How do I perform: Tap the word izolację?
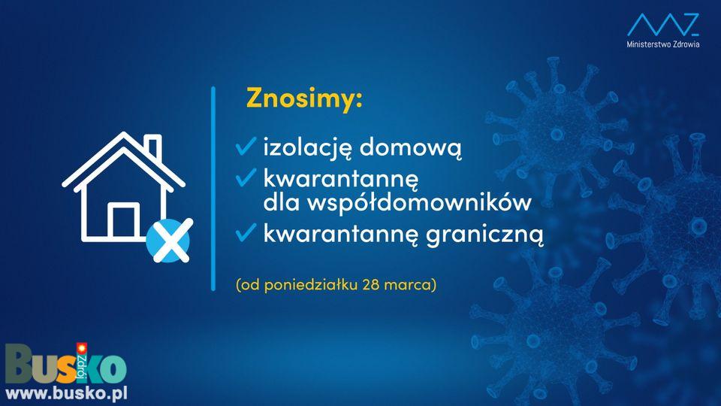pyautogui.click(x=308, y=148)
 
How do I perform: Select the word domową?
pyautogui.click(x=410, y=148)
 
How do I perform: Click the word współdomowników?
pyautogui.click(x=419, y=201)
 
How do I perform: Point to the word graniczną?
pyautogui.click(x=484, y=235)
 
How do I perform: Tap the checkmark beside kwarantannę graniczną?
pyautogui.click(x=246, y=232)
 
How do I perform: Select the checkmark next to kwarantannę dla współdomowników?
pyautogui.click(x=246, y=177)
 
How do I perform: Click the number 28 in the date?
pyautogui.click(x=370, y=284)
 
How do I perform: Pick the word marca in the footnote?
pyautogui.click(x=407, y=284)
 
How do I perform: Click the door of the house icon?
pyautogui.click(x=123, y=220)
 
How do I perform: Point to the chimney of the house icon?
pyautogui.click(x=153, y=146)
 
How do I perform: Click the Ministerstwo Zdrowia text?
pyautogui.click(x=663, y=44)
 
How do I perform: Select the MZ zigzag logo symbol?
pyautogui.click(x=663, y=24)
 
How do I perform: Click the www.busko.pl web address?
pyautogui.click(x=66, y=394)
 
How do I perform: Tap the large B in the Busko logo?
pyautogui.click(x=21, y=364)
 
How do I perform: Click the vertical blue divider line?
pyautogui.click(x=213, y=189)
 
